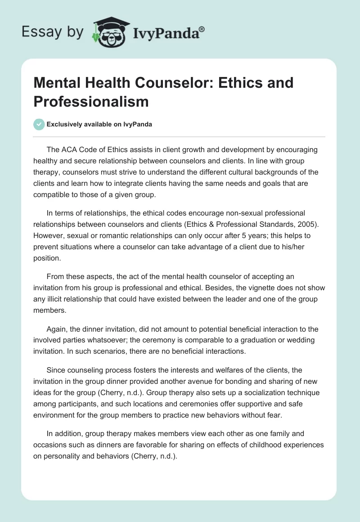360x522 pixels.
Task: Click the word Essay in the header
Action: tap(39, 32)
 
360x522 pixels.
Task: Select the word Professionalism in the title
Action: tap(90, 101)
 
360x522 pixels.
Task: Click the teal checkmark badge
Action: tap(39, 125)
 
